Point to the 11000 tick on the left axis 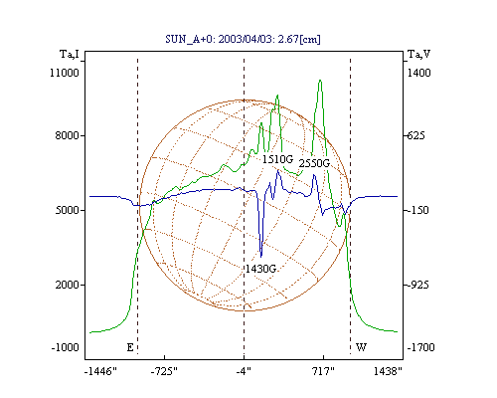tap(65, 73)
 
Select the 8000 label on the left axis tap(68, 135)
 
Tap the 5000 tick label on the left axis tap(68, 210)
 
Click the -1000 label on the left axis tap(66, 347)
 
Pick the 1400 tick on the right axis tap(418, 73)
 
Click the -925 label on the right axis tap(417, 285)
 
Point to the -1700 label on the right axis tap(420, 347)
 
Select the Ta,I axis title tap(70, 54)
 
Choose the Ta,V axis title tap(418, 54)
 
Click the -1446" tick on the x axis tap(101, 371)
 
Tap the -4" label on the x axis tap(244, 371)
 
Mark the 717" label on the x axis tap(323, 371)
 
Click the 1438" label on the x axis tap(388, 371)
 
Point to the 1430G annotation tap(260, 269)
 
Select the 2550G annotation tap(314, 163)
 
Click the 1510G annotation tap(277, 159)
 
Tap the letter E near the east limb tap(130, 347)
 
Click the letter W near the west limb tap(361, 347)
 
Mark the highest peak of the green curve tap(320, 81)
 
